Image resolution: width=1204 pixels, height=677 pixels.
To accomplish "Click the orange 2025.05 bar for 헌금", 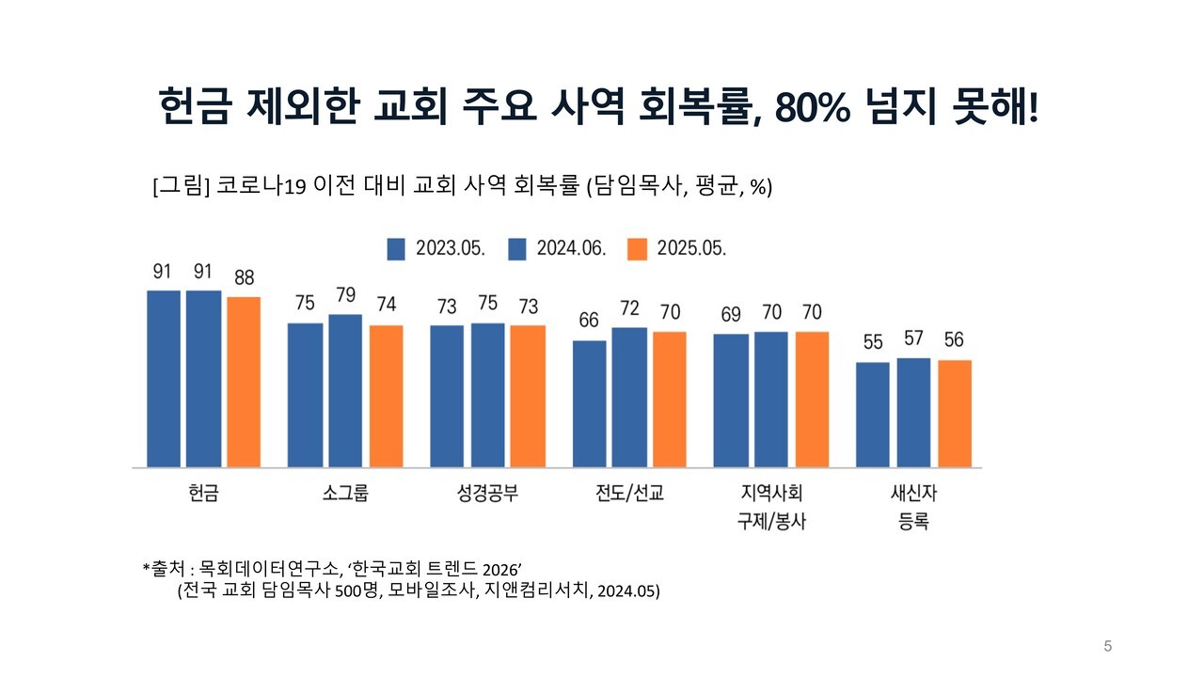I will coord(244,382).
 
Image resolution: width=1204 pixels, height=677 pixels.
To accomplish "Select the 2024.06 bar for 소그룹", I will coord(345,390).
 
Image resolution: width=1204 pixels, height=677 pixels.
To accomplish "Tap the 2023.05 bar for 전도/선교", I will coord(590,403).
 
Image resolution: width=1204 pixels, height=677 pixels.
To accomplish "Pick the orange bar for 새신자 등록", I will coord(955,414).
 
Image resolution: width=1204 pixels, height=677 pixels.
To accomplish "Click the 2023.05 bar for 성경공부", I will coord(447,396).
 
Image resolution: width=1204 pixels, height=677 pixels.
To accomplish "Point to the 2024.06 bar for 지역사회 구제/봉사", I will coord(770,399).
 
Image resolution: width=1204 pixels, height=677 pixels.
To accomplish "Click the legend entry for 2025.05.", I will coord(678,248).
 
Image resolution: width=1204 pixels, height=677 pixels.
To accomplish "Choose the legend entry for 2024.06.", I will coord(558,248).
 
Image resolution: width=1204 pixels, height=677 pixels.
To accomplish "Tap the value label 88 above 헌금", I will coord(244,278).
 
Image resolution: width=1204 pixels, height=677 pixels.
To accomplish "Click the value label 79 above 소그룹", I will coord(345,295).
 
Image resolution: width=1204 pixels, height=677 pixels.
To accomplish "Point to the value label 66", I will coord(589,321).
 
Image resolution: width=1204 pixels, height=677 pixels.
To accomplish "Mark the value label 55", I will coord(873,342).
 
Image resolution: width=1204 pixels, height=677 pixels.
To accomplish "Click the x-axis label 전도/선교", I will coord(629,494).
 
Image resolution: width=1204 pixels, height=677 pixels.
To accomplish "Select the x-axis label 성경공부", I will coord(487,494).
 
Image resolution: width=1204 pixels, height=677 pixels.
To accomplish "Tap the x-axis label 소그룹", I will coord(345,494).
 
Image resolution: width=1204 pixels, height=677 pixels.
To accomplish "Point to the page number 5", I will coord(1107,646).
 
